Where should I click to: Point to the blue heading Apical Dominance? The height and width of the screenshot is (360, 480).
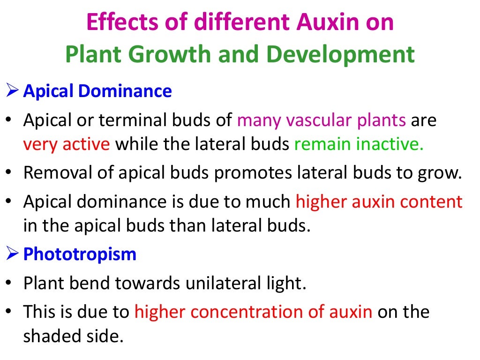[97, 90]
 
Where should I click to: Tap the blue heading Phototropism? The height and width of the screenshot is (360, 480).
[80, 254]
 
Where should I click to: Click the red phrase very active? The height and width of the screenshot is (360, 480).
[67, 144]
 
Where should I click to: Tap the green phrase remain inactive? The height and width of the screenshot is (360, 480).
[359, 144]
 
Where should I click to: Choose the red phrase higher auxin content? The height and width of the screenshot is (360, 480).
[379, 202]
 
